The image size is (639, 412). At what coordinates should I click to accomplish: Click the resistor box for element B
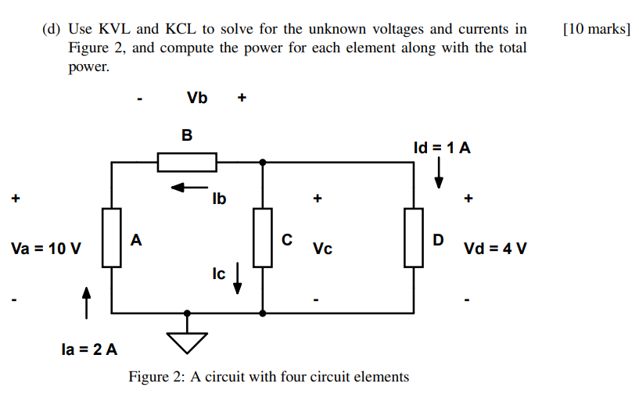[x=187, y=163]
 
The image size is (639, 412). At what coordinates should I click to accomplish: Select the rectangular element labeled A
[x=113, y=238]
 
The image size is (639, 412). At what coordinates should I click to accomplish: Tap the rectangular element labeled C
[x=263, y=238]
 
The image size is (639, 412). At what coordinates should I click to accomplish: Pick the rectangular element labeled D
[x=413, y=238]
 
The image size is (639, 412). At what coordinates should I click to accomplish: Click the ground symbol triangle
[x=187, y=340]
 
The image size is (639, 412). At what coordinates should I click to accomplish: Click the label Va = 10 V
[x=46, y=249]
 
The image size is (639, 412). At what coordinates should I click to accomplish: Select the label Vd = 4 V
[x=495, y=249]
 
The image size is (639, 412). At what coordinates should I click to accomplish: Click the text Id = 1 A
[x=442, y=148]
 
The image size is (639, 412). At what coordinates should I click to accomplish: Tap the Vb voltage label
[x=197, y=99]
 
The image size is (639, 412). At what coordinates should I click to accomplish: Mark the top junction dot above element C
[x=263, y=163]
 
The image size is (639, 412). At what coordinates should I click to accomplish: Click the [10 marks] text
[x=596, y=30]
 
